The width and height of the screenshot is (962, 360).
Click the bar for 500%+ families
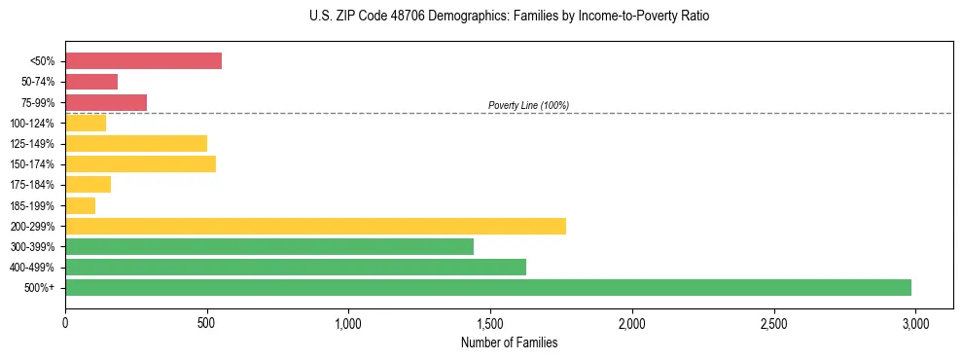coord(488,287)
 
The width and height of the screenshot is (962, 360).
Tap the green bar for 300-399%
coord(269,246)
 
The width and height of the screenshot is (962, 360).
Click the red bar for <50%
coord(143,60)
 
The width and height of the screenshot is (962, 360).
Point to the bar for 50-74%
coord(91,82)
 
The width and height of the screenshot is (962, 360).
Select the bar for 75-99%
coord(106,102)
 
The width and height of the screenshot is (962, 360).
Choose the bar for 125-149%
coord(136,143)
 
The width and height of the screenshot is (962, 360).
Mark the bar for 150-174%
coord(140,163)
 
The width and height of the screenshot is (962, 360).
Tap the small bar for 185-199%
coord(81,205)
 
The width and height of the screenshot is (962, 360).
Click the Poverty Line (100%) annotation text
coord(528,105)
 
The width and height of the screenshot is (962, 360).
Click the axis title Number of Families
coord(509,342)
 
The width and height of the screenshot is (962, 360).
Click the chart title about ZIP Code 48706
coord(509,17)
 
